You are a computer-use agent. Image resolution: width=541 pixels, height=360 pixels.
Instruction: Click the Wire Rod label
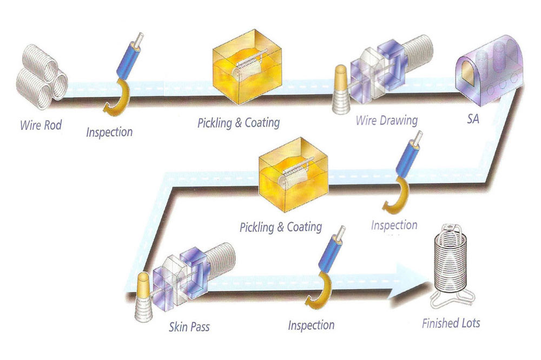coord(41,125)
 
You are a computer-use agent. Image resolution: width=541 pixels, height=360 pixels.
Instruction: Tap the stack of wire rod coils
coord(41,77)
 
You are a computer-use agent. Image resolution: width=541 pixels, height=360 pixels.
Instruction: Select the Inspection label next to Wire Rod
coord(109,132)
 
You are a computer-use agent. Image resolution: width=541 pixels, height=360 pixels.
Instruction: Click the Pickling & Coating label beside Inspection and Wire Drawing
coord(239,123)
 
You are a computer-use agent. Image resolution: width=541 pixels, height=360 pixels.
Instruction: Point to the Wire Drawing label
coord(387,121)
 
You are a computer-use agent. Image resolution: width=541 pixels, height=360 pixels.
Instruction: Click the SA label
coord(473,119)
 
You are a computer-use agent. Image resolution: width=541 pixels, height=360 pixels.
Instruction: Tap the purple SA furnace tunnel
coord(489,69)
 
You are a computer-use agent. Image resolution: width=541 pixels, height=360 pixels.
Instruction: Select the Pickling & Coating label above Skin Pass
coord(281,227)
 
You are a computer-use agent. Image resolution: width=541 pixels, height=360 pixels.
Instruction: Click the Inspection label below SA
coord(394,225)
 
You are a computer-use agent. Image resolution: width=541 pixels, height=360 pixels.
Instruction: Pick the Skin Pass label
coord(189,326)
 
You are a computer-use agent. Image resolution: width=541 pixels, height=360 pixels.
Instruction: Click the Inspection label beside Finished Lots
coord(311,325)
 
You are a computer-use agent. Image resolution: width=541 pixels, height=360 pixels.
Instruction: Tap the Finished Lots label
coord(451,323)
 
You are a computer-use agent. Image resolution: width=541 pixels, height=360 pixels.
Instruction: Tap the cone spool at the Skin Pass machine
coord(144,297)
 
